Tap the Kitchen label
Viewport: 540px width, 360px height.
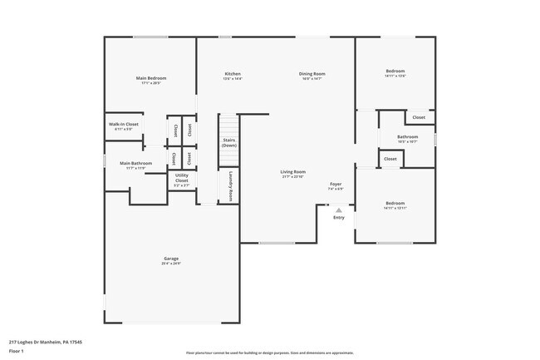[x=233, y=74]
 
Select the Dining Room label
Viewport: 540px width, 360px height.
[x=312, y=74]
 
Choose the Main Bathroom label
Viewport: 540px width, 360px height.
[x=135, y=163]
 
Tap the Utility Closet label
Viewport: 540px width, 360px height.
[x=181, y=178]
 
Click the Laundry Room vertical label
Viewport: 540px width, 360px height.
[x=230, y=186]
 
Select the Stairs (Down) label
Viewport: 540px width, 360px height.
[x=228, y=143]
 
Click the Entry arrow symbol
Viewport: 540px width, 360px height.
[x=338, y=210]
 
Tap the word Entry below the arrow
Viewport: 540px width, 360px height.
[x=338, y=218]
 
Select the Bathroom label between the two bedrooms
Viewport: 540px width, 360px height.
[x=407, y=137]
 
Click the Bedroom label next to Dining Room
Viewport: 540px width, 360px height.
[x=395, y=72]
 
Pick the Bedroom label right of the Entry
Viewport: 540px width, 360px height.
[x=395, y=204]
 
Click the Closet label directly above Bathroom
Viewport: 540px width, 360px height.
[x=419, y=117]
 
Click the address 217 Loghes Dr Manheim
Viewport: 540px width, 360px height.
[x=46, y=341]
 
